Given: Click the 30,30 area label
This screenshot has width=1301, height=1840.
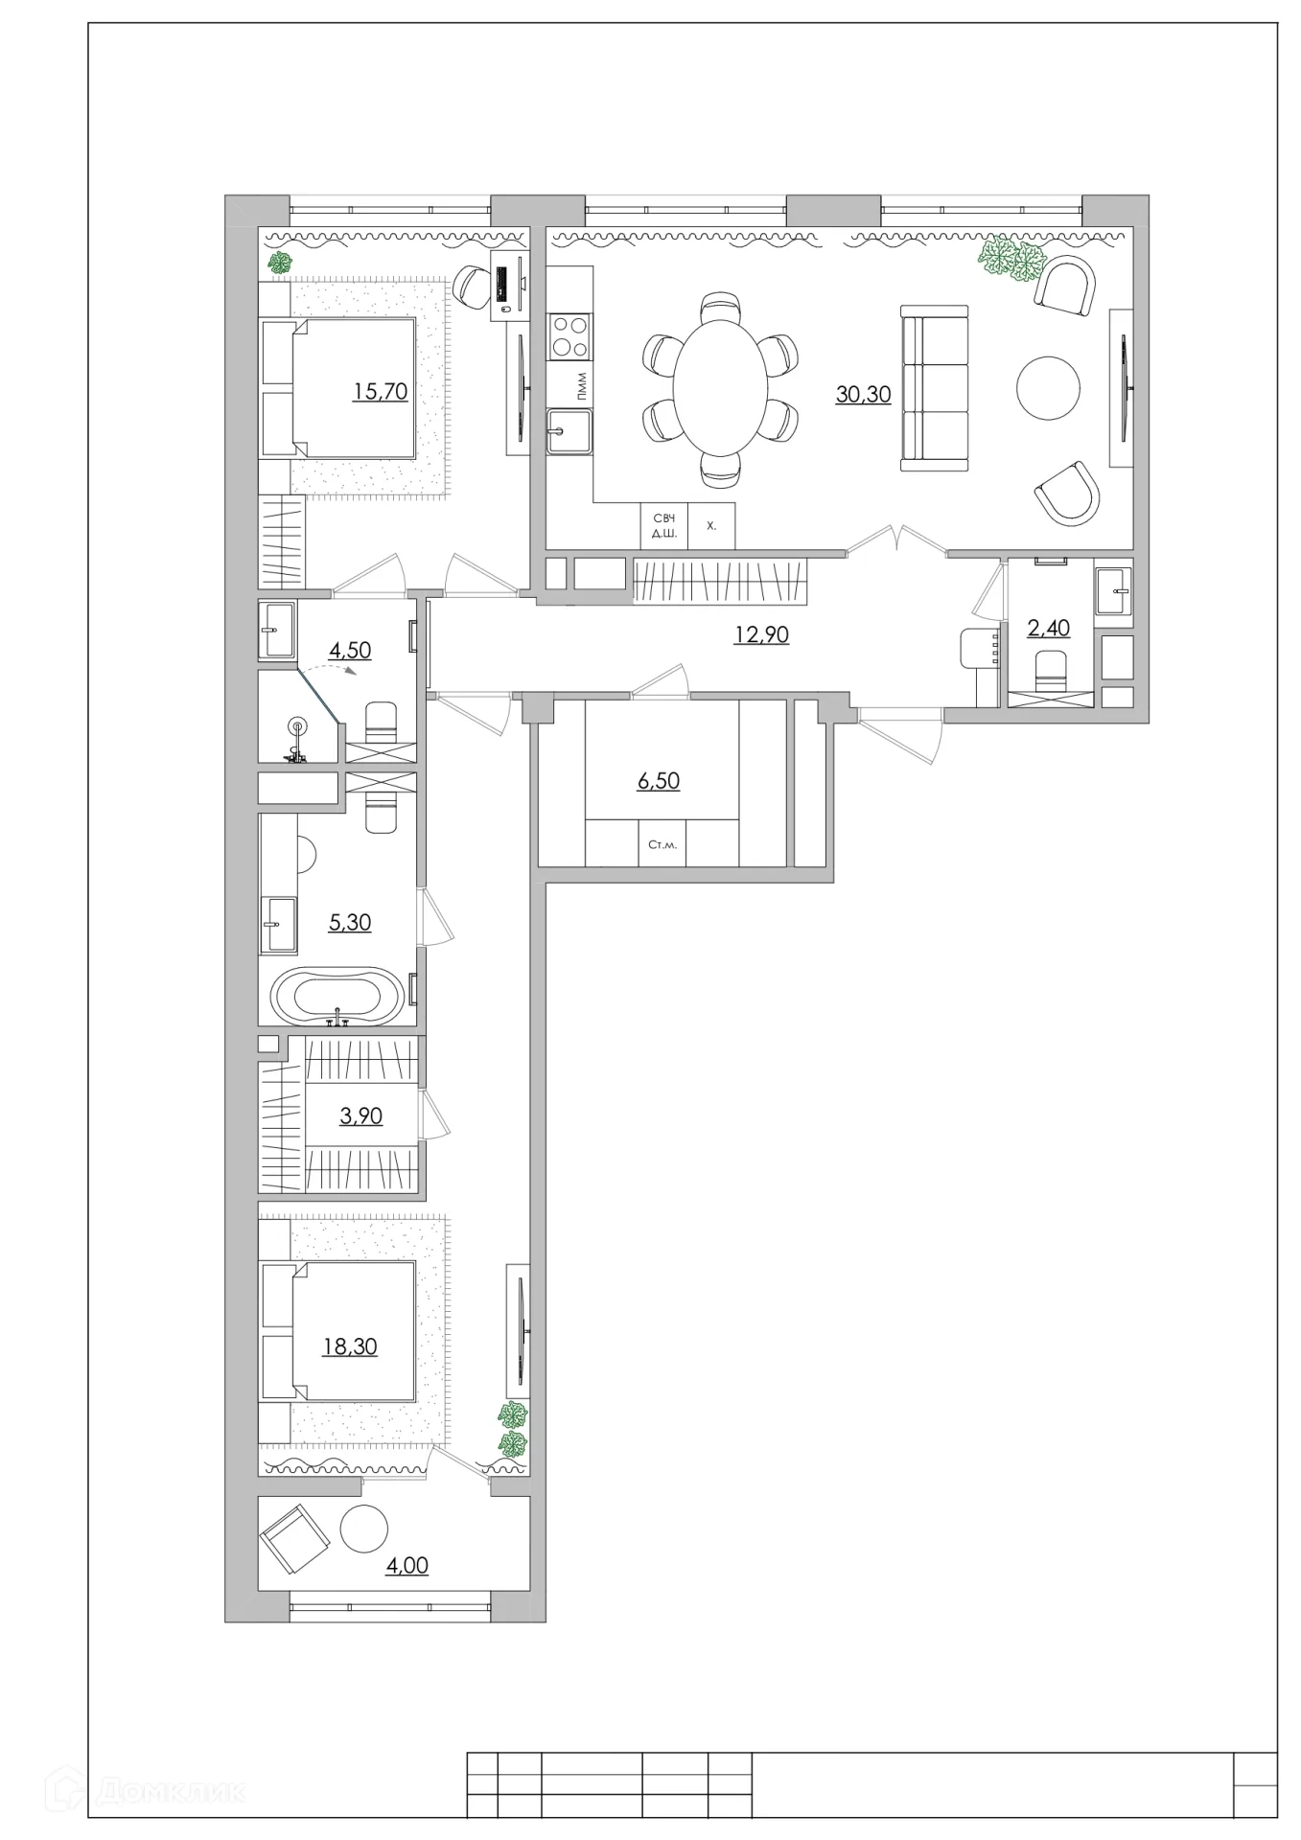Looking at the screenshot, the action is click(x=863, y=394).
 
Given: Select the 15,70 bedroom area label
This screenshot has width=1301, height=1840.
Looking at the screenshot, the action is click(x=381, y=391).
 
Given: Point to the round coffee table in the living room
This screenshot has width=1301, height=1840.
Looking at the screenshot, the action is click(x=1048, y=388).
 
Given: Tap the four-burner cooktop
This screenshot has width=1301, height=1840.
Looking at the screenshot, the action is click(x=569, y=335).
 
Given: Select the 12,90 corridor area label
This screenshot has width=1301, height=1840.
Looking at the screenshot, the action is click(x=761, y=634).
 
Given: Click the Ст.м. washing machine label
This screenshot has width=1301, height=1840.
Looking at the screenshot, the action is click(x=662, y=844).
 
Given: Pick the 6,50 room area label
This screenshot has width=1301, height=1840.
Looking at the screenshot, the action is click(x=659, y=781).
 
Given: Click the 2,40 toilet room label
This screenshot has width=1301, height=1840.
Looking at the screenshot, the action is click(x=1048, y=629).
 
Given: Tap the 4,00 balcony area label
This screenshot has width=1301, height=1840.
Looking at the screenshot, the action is click(x=407, y=1565).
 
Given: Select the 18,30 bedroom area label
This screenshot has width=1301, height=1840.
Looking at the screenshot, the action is click(x=350, y=1346).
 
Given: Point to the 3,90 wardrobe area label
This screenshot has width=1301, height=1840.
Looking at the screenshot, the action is click(x=361, y=1115).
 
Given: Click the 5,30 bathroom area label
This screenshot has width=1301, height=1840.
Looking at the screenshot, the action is click(x=350, y=922).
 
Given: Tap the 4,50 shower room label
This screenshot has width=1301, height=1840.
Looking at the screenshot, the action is click(x=350, y=650).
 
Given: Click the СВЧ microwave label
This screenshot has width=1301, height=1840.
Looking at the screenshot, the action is click(x=663, y=518).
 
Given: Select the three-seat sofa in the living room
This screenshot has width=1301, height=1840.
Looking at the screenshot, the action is click(x=934, y=388).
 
